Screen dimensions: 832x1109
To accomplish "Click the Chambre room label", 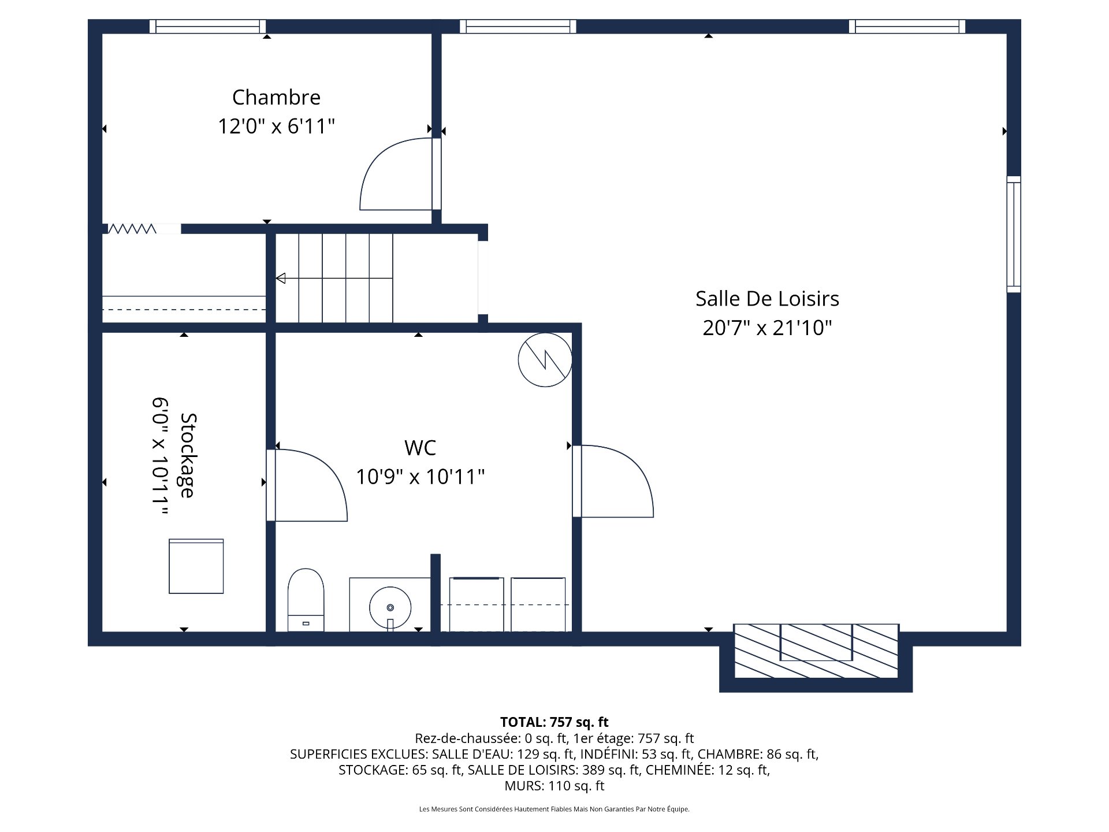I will pos(276,97).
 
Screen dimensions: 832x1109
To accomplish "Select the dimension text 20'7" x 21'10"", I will pos(767,328).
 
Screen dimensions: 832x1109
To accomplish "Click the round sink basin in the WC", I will pos(390,607).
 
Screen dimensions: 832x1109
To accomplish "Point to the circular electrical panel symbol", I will pos(545,359).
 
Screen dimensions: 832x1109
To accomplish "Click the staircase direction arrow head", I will pos(281,278).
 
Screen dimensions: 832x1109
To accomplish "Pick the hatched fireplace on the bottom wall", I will pos(816,651).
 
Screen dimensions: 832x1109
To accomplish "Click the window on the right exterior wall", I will pos(1014,234).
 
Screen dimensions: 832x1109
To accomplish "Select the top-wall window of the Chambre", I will pos(208,26).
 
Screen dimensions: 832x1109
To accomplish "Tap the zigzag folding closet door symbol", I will pos(132,229).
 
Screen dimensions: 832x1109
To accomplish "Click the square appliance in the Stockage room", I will pos(196,566).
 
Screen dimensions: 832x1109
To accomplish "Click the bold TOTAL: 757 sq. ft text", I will pos(554,722).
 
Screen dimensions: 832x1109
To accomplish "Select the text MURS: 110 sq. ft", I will pos(554,786).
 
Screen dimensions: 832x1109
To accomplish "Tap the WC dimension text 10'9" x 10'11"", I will pos(420,477).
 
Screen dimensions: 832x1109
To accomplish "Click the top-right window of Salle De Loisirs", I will pos(907,26).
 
